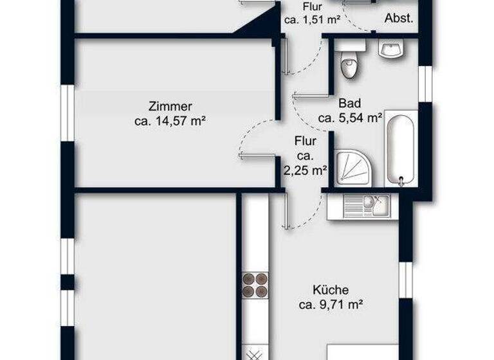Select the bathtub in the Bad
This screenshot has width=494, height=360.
point(401,148)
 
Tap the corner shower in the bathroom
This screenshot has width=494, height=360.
point(350,169)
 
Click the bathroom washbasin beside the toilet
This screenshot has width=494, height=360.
point(390,50)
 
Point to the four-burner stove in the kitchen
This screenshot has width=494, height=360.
point(255,285)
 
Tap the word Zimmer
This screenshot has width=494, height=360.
point(170,107)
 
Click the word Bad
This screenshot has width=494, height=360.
point(350,103)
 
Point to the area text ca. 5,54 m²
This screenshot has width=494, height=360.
point(351,118)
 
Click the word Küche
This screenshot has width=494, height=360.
point(331,291)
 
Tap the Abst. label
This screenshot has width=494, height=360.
point(398,19)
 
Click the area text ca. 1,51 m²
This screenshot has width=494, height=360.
point(312,20)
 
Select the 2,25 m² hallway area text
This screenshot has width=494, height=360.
point(306,171)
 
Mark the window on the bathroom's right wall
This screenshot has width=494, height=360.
point(425,83)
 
